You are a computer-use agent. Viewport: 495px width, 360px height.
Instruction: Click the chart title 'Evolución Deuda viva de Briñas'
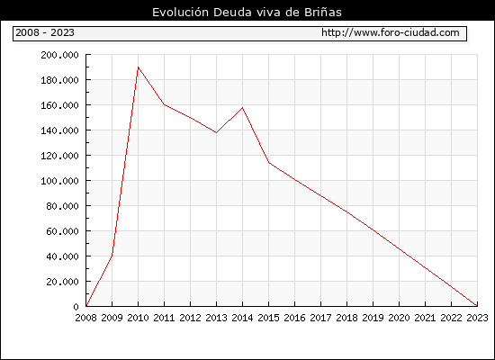247,12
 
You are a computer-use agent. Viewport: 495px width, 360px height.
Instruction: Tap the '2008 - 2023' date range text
45,32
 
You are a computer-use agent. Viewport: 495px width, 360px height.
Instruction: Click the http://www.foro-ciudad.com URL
391,32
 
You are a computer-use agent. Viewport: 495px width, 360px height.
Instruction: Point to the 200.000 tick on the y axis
59,55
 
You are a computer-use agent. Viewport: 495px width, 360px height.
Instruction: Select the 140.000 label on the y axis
59,130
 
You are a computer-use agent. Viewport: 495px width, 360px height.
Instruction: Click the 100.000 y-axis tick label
59,181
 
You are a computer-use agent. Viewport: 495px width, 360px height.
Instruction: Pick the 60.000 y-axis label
62,231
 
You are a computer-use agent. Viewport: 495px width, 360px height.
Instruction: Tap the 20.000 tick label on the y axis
62,282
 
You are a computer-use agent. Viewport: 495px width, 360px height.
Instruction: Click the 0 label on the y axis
76,307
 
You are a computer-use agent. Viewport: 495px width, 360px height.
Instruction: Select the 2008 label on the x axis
85,318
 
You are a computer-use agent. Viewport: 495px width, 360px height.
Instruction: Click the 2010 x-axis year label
138,318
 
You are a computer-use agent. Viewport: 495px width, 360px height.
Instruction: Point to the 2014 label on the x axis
242,318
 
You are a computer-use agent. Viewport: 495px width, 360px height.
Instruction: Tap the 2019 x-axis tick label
373,318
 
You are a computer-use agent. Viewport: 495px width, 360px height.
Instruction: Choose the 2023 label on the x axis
477,318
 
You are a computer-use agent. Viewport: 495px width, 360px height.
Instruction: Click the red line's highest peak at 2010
139,67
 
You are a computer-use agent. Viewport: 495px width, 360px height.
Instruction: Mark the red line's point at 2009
112,255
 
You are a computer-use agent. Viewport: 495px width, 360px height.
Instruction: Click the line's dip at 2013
216,132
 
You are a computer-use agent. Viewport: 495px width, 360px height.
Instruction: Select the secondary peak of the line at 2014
242,108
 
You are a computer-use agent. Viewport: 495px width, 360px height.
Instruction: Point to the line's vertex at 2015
269,163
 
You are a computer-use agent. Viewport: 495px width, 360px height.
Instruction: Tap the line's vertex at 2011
164,104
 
